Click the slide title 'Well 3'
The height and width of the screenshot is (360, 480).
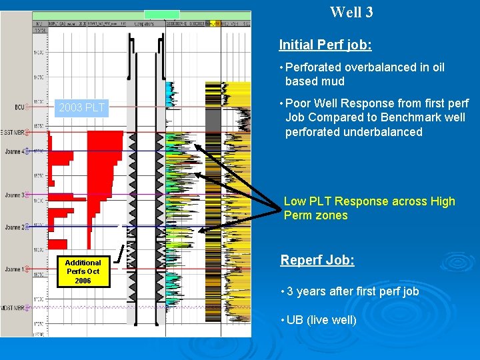click(x=351, y=12)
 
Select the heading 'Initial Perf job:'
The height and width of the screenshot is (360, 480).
click(x=325, y=45)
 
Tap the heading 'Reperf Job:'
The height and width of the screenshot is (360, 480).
click(x=317, y=260)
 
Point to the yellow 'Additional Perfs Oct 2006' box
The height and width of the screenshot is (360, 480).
click(x=83, y=271)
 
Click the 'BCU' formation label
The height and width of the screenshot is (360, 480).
click(x=19, y=107)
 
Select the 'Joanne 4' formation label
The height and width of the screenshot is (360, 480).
click(x=15, y=151)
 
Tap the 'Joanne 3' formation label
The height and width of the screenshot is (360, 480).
click(x=15, y=195)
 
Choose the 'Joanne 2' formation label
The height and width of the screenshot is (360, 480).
click(x=15, y=227)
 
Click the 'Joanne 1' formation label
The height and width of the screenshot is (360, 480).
click(x=15, y=269)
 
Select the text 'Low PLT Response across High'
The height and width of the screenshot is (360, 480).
click(x=369, y=201)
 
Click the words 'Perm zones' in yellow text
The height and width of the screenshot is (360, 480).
click(x=315, y=215)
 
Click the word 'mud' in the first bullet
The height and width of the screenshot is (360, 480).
click(x=333, y=81)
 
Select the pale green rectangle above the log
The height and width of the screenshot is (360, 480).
click(x=162, y=14)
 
